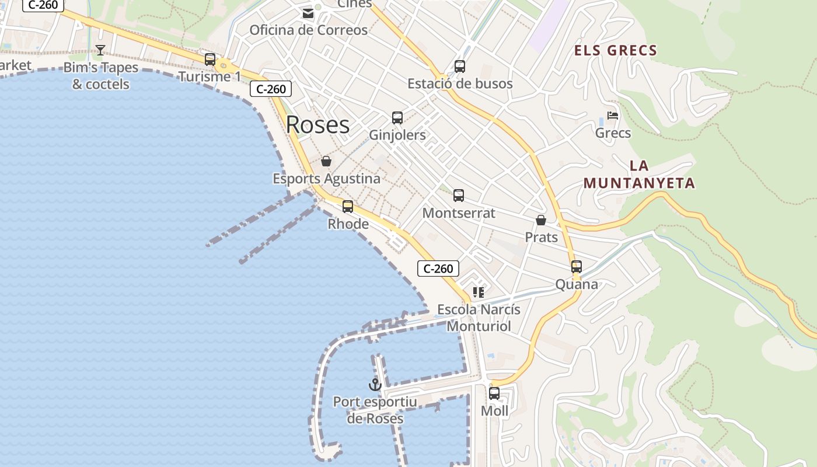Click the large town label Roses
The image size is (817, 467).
pos(317,124)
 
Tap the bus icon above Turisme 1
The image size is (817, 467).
pos(210,59)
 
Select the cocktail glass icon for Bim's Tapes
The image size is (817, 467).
pos(100,50)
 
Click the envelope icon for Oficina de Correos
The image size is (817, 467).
pos(308,13)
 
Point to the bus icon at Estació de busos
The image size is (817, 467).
pos(460,66)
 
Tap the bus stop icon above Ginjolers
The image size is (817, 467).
pos(397,117)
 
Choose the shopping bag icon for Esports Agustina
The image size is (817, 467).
pos(326,161)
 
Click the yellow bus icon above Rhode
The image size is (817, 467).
pos(348,206)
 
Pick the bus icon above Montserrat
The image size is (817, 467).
pos(459,196)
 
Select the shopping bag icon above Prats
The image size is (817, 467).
pos(541,220)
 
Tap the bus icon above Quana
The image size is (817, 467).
pos(577,267)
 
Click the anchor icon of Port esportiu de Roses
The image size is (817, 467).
pos(375,385)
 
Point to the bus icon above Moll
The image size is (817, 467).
pos(494,393)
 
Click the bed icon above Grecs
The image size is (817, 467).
pos(613,116)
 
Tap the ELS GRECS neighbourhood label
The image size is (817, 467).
pos(616,51)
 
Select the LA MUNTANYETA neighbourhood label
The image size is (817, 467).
pos(640,175)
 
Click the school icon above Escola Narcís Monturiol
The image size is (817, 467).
pos(479,292)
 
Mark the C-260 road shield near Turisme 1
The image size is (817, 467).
pos(271,89)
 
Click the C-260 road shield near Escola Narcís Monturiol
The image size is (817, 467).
pos(438,269)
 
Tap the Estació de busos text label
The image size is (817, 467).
pos(460,83)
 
